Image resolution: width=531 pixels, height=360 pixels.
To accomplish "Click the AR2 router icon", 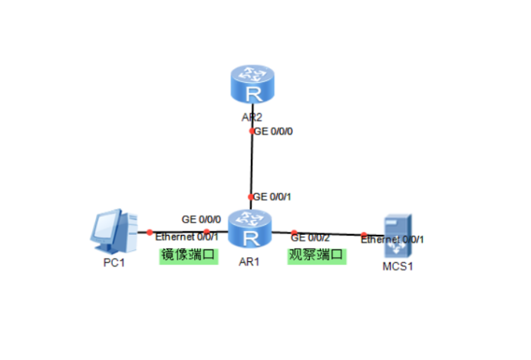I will point(252,86).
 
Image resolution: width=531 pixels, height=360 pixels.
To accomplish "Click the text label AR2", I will point(252,117).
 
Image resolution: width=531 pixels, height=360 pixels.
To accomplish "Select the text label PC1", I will point(113,263).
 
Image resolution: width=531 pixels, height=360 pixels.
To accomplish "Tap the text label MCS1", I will point(398,266).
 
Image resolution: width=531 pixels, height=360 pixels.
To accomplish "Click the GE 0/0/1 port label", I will point(272,197).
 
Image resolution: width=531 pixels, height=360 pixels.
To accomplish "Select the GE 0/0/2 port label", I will point(311,236).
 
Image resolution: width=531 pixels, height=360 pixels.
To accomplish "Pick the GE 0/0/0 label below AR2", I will point(273,130).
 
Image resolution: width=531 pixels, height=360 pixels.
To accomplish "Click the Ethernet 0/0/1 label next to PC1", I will point(181,236).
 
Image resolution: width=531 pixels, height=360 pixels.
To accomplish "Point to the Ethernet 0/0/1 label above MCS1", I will point(392,239).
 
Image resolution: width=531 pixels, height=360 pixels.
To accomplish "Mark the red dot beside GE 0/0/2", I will point(294,232).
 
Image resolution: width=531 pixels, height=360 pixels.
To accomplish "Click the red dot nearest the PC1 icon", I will point(149,232).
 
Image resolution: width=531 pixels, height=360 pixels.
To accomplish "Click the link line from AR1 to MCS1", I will point(330,233).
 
